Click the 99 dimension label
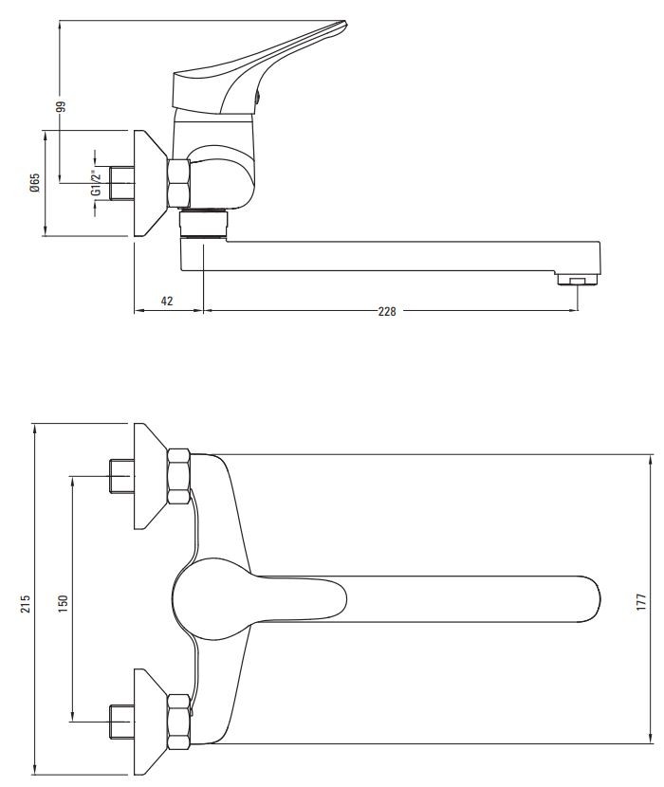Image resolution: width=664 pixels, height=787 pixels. coord(60,106)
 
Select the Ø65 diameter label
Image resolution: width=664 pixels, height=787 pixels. coord(35,183)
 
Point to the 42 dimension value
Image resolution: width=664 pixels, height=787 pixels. coord(167,301)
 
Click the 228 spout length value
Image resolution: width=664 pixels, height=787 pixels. coord(386,310)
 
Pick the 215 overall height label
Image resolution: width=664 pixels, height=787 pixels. coord(26,603)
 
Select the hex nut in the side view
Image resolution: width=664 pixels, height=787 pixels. coord(177,183)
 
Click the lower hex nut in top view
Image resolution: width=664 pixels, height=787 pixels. coord(178,722)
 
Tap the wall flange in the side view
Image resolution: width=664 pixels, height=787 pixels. coord(147,183)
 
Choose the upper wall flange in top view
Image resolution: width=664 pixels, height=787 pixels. coord(148,477)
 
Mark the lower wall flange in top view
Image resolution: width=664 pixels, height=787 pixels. coord(148,722)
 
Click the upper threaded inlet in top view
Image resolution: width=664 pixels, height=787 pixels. coord(120,477)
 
